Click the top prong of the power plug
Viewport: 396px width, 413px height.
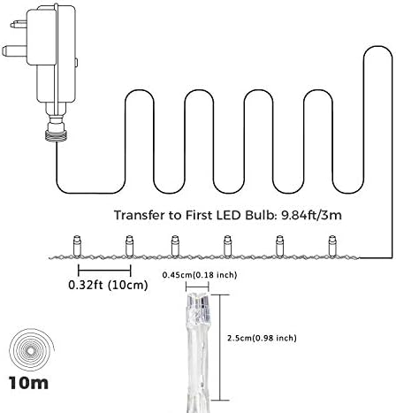[19, 24]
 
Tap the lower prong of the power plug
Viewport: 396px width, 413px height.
[14, 50]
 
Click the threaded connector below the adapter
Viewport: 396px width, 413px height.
[55, 135]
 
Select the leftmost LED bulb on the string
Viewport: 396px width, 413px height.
[77, 246]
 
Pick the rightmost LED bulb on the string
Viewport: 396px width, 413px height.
[332, 246]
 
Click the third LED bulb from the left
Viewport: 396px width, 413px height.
[175, 246]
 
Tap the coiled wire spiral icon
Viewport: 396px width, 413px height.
[32, 350]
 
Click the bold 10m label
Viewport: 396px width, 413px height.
[28, 383]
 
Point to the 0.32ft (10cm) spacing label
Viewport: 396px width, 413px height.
[108, 285]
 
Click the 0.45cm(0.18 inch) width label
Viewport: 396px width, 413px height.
[200, 275]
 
